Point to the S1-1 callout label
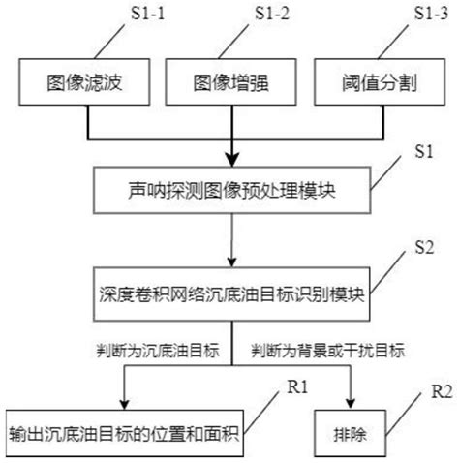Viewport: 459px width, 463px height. tap(136, 15)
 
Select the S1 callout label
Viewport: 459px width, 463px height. tap(423, 152)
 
